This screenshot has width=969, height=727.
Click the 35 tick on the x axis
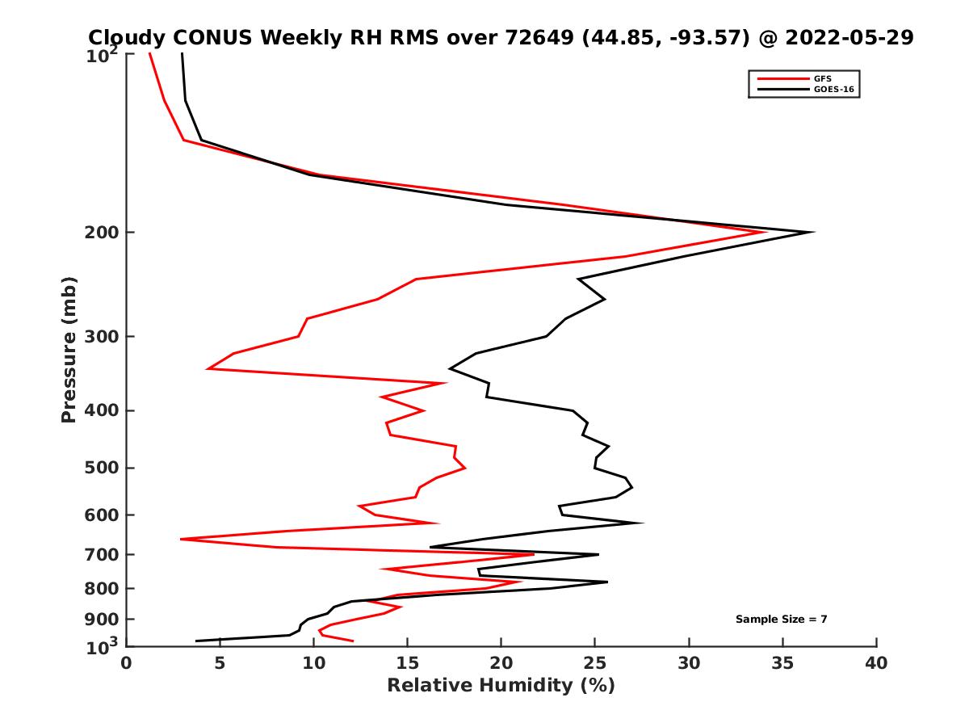(782, 663)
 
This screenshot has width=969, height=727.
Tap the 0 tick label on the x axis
(127, 663)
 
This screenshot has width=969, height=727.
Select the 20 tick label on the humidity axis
(501, 663)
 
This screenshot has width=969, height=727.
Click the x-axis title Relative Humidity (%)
(501, 686)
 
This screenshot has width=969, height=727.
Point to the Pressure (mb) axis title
(69, 349)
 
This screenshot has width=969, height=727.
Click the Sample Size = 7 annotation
(781, 620)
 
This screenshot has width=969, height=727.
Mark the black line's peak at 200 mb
(812, 233)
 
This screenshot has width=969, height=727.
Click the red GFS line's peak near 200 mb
(764, 233)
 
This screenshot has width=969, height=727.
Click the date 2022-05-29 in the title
(849, 37)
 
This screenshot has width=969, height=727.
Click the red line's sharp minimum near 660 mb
(182, 539)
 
